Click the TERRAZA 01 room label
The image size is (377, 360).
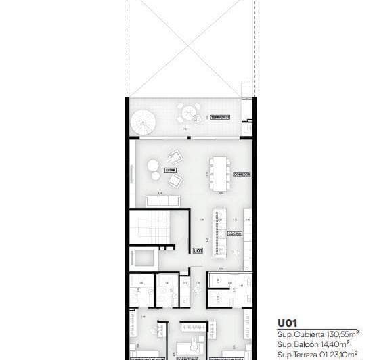pyautogui.click(x=220, y=118)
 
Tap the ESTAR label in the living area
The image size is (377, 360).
pyautogui.click(x=171, y=171)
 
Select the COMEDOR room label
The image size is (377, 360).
pyautogui.click(x=242, y=175)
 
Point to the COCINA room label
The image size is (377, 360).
pyautogui.click(x=235, y=233)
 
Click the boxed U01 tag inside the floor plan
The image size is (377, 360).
pyautogui.click(x=198, y=250)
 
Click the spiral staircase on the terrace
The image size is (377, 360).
pyautogui.click(x=143, y=123)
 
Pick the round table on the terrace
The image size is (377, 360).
pyautogui.click(x=187, y=110)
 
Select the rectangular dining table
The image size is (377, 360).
pyautogui.click(x=219, y=173)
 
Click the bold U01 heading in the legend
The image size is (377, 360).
pyautogui.click(x=288, y=323)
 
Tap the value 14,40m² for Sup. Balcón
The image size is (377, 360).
pyautogui.click(x=330, y=343)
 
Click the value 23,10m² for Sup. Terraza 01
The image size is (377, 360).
pyautogui.click(x=342, y=353)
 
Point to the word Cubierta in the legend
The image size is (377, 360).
pyautogui.click(x=303, y=334)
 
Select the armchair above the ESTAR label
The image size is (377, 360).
pyautogui.click(x=175, y=156)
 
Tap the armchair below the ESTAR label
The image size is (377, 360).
pyautogui.click(x=176, y=181)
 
